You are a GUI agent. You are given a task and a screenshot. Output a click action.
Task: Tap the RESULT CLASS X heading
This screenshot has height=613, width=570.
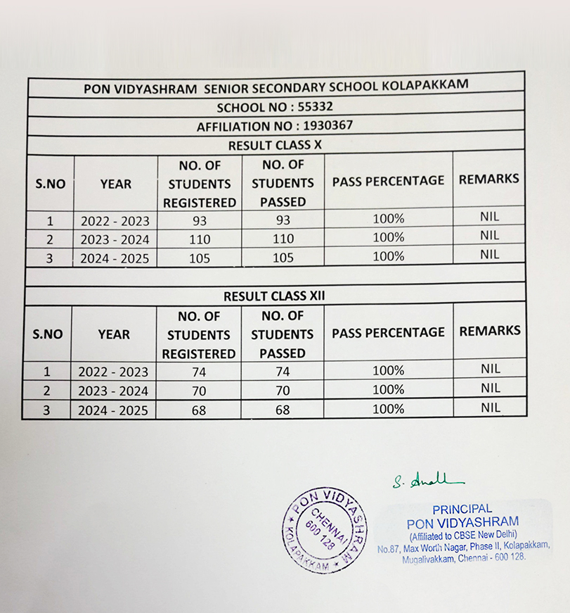pos(275,145)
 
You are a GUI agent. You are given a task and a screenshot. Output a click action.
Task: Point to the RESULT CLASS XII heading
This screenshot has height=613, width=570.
pos(275,296)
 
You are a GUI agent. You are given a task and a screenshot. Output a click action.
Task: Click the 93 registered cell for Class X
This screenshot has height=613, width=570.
pos(200,220)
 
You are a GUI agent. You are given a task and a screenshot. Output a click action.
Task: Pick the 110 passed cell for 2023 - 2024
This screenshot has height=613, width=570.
pos(283,239)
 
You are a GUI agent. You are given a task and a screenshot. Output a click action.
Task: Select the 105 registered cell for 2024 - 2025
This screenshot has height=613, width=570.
pos(200,258)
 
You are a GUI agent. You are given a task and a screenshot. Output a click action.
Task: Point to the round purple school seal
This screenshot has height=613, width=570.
pos(325,529)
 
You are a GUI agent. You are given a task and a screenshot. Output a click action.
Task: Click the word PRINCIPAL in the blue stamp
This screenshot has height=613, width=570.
pos(462,509)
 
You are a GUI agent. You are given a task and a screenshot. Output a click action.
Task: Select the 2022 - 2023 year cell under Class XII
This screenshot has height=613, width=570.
pos(113,372)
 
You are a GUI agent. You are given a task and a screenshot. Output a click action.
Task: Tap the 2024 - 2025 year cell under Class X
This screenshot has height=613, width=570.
pos(115,258)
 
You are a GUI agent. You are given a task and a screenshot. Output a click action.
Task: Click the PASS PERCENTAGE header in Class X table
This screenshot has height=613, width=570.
pos(388,181)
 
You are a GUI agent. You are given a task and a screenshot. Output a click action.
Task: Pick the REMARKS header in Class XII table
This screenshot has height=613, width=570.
pos(489,331)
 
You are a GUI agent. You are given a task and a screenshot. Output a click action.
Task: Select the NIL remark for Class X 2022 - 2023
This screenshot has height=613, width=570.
pos(489,217)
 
